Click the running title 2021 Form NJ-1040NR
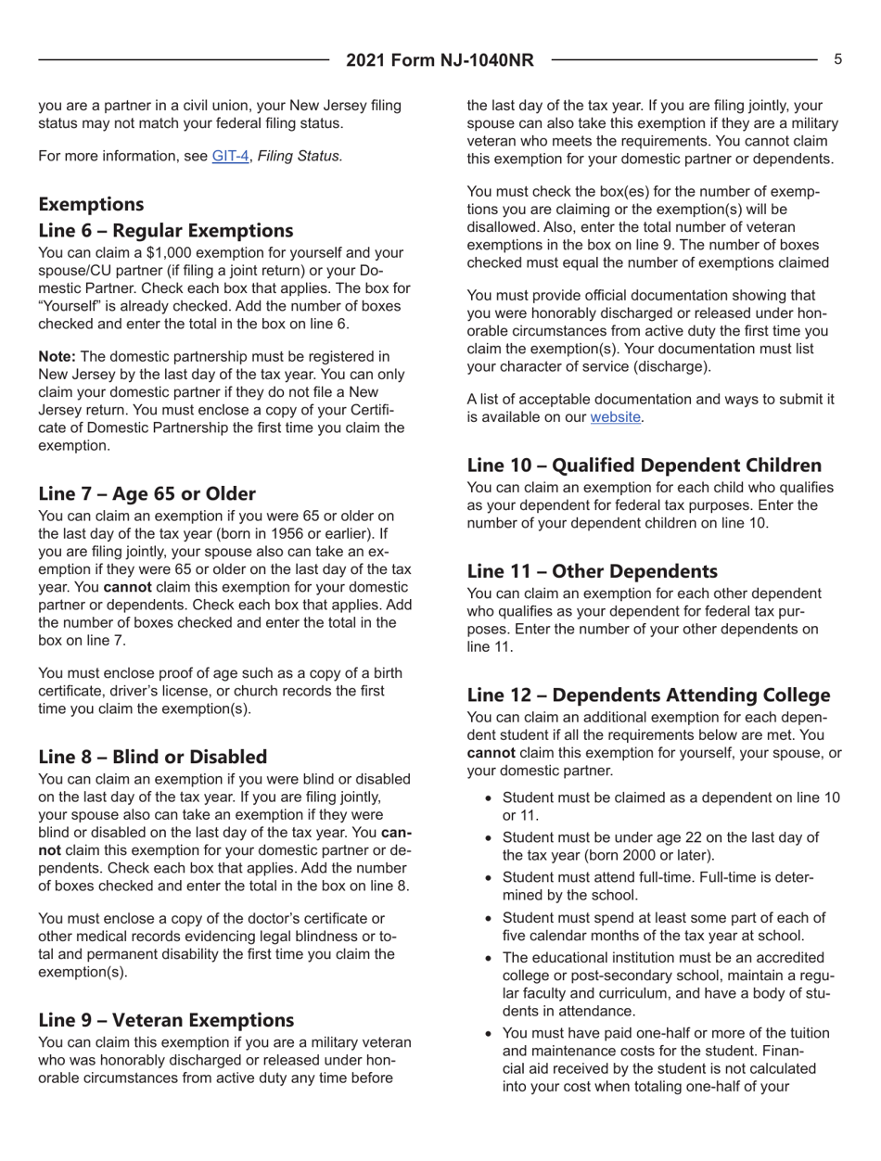pos(440,61)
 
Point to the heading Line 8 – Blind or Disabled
pos(155,758)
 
